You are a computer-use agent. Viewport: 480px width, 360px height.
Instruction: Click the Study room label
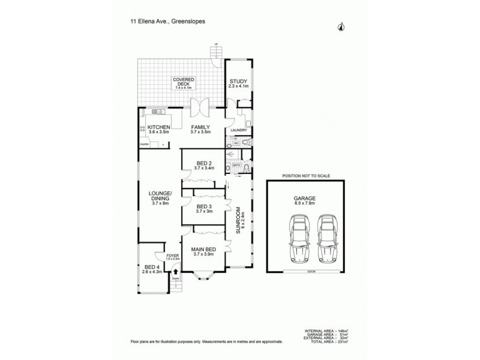tap(238, 83)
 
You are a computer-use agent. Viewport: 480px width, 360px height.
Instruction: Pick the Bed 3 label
tap(204, 208)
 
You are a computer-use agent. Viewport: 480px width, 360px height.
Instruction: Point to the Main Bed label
tap(204, 251)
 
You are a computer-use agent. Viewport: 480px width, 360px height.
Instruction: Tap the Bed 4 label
tap(152, 269)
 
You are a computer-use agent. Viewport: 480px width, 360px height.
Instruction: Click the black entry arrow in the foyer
tap(175, 271)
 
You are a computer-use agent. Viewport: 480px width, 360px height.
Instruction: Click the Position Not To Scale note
tap(305, 177)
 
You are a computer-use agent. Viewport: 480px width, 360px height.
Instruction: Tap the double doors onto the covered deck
tap(200, 107)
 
